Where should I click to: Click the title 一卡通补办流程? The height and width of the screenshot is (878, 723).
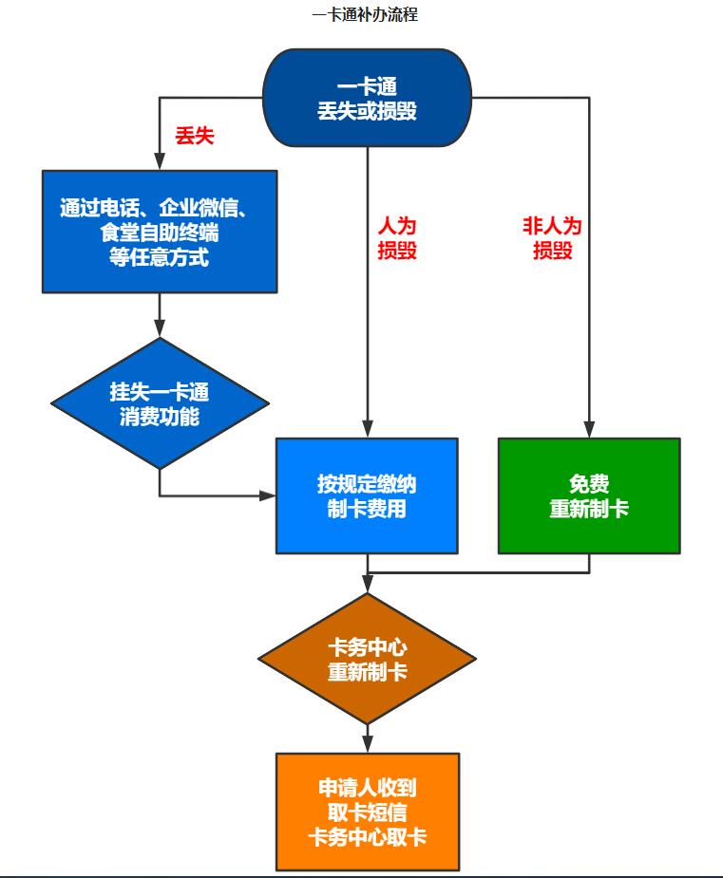(364, 15)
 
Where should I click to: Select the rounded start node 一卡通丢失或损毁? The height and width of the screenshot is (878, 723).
(367, 99)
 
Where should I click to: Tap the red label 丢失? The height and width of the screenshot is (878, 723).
(195, 136)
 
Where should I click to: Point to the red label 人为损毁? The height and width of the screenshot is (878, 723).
(397, 239)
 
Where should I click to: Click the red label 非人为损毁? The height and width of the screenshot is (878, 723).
(552, 239)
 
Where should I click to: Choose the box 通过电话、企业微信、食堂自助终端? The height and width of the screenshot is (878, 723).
(160, 231)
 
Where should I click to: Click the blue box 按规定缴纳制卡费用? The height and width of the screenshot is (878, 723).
(367, 495)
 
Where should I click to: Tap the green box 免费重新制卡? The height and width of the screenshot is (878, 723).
(589, 495)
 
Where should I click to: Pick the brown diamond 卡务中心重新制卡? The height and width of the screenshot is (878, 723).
(367, 660)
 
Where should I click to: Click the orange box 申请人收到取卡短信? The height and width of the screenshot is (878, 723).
(367, 812)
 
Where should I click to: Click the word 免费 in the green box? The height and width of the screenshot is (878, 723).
(589, 484)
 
